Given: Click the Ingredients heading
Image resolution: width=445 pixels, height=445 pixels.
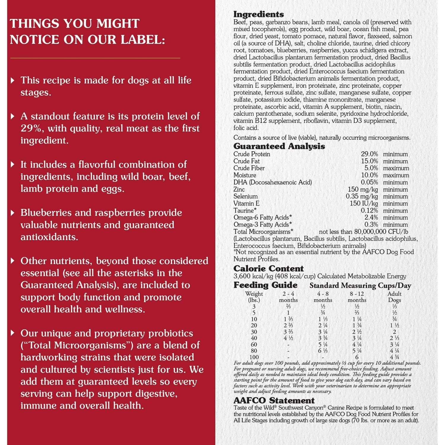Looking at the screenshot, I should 258,14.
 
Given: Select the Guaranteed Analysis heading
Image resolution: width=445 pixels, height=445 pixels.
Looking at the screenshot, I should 279,146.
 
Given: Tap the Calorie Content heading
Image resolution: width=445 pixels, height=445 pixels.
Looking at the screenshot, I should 268,268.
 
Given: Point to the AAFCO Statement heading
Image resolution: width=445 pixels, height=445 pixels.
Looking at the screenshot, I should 274,401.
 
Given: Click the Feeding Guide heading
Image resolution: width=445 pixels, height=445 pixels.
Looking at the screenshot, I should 265,285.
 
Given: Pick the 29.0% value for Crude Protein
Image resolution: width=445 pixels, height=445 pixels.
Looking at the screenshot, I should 369,154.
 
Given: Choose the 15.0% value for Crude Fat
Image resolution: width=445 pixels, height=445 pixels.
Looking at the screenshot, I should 369,161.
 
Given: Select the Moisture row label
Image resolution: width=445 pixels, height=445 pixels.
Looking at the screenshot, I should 245,175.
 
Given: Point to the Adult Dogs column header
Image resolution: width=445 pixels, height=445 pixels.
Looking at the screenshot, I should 394,297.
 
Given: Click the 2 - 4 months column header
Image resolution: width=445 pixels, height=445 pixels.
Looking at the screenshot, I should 288,297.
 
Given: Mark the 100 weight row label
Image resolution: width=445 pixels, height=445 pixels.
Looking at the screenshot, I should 254,357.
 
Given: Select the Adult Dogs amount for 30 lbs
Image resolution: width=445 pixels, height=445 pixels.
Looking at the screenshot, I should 394,332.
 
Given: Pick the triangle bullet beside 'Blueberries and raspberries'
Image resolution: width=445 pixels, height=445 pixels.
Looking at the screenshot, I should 12,213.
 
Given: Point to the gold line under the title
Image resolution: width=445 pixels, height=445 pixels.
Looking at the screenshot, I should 95,58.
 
